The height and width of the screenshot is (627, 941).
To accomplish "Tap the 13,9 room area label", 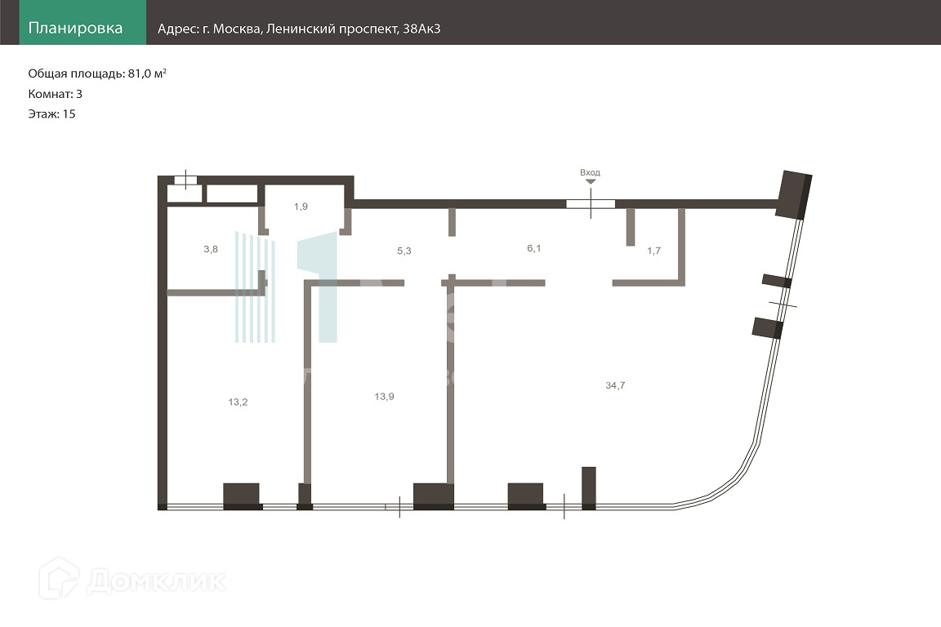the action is [383, 396].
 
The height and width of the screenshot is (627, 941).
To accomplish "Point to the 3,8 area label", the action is [210, 250].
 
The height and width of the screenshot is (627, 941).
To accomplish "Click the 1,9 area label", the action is [301, 207].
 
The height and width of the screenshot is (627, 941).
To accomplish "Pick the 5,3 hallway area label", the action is [404, 251].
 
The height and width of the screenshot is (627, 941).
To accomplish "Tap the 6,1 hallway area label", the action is [533, 247].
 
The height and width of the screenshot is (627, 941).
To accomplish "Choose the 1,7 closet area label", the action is [653, 251].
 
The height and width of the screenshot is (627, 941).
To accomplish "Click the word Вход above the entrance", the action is [590, 173].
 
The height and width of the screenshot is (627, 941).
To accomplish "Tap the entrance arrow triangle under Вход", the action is [591, 183].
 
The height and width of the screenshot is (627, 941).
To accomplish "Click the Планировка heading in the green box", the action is [75, 29].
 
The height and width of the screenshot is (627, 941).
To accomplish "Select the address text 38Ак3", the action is [422, 29].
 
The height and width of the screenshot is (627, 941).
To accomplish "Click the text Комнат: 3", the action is [55, 94].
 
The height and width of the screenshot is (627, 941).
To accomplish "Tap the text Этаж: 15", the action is [51, 114].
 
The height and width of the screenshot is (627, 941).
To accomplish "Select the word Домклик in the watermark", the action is [155, 580].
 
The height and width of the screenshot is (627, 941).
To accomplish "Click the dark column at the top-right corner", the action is [794, 194].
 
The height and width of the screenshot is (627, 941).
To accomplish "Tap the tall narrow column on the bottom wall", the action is [588, 487].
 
